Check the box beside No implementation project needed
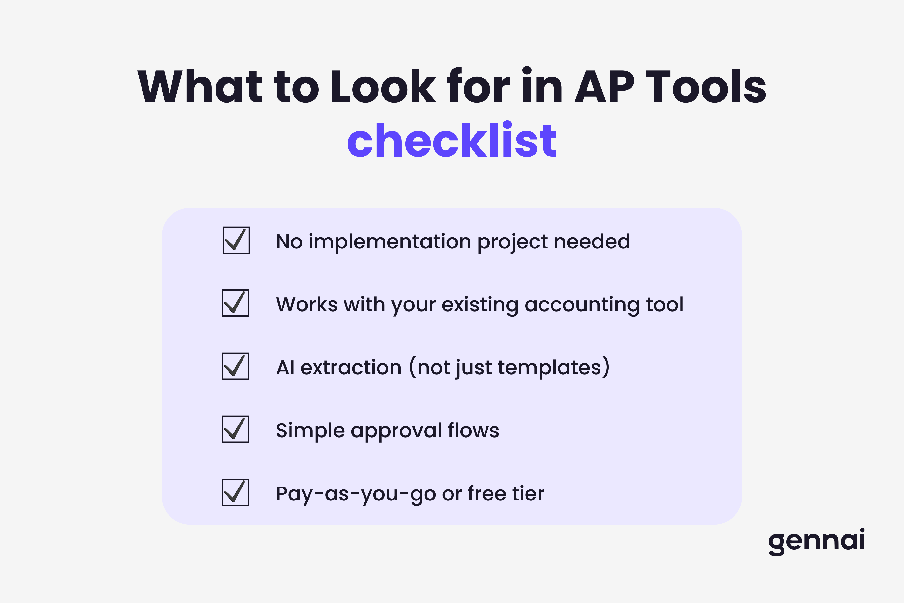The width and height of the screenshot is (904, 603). point(236,240)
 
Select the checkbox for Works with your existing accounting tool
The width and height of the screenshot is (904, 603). point(235,303)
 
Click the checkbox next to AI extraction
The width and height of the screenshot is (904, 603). point(235,366)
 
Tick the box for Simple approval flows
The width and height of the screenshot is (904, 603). point(235,429)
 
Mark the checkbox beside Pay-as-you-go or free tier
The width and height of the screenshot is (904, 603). point(235,492)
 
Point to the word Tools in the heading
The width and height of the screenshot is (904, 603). point(706,87)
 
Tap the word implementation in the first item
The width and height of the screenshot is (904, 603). point(390,242)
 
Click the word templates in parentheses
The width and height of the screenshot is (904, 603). point(549,368)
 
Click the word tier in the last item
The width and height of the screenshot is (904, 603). point(528,493)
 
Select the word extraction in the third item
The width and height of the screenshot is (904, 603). point(351,368)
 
